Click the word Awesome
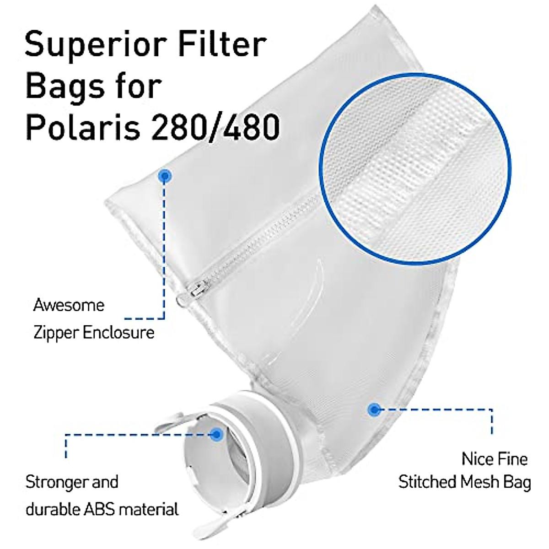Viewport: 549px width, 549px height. pos(69,305)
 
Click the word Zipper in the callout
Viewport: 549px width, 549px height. pos(54,333)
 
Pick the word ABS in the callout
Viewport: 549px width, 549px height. pos(106,509)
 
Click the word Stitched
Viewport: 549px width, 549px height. pos(426,482)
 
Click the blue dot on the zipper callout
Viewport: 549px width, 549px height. pos(165,176)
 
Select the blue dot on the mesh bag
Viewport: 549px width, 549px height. pos(375,409)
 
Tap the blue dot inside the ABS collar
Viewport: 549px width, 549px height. pos(217,434)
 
